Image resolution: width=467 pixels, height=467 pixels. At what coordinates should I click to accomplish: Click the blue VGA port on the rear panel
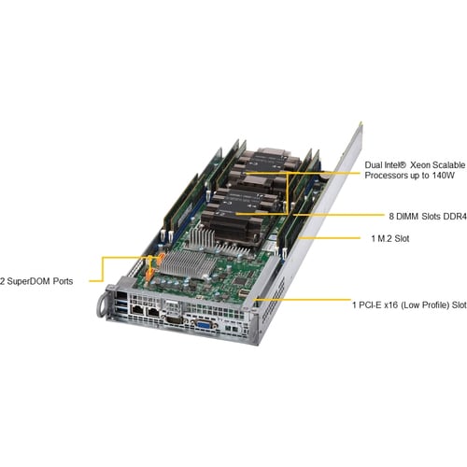point(203,325)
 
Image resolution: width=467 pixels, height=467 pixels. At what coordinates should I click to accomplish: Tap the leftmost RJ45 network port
point(137,310)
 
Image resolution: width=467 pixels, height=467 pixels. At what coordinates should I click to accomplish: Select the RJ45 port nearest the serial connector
point(152,312)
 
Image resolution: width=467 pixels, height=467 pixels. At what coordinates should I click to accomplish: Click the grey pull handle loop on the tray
point(102,306)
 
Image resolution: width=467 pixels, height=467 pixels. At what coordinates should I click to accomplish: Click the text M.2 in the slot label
point(385,239)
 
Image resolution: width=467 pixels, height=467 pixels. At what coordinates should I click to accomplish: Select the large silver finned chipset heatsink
point(189,263)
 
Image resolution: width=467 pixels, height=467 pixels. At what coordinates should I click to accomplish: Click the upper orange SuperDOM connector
point(161,259)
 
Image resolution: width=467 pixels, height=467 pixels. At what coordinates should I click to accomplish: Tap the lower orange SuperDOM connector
point(149,274)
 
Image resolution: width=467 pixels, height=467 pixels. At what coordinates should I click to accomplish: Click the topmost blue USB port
point(121,303)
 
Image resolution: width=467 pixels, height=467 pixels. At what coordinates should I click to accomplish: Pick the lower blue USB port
point(122,309)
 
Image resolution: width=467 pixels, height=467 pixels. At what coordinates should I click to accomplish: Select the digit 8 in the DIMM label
point(391,216)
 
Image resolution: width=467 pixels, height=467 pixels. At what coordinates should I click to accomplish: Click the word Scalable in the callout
point(450,165)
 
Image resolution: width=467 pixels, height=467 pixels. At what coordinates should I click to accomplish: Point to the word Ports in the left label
point(63,281)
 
